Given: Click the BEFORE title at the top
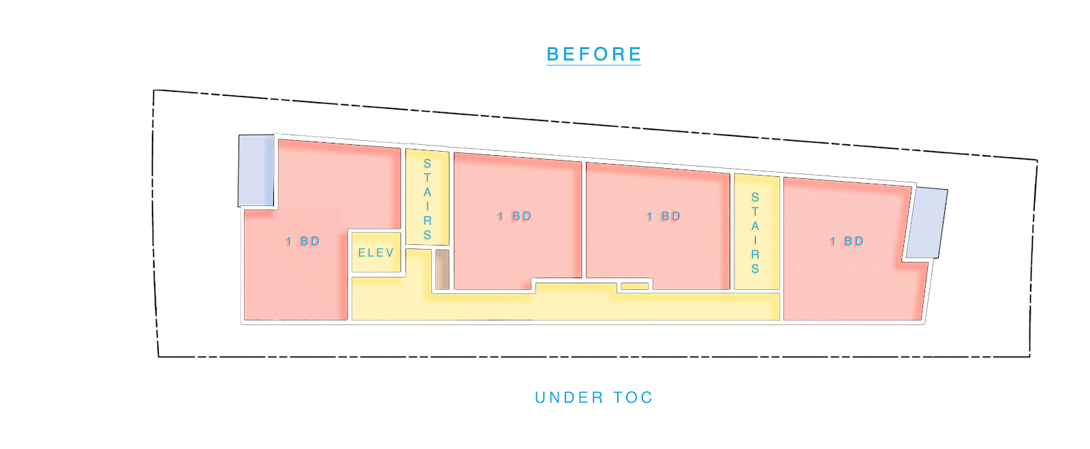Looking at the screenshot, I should pyautogui.click(x=593, y=54).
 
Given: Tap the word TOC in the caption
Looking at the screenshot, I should pyautogui.click(x=633, y=397).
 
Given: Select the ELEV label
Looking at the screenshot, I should pyautogui.click(x=376, y=253).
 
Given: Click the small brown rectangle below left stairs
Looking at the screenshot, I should pyautogui.click(x=442, y=269).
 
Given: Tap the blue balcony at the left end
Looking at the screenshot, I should pyautogui.click(x=256, y=170).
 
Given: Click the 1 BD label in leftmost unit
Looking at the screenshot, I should pyautogui.click(x=302, y=242).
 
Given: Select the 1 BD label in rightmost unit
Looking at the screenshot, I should pyautogui.click(x=846, y=242).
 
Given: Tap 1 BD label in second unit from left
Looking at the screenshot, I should pyautogui.click(x=514, y=216).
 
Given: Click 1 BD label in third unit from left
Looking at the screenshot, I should pyautogui.click(x=664, y=216).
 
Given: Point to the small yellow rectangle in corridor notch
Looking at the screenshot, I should pyautogui.click(x=634, y=286).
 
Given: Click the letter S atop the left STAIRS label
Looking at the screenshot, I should pyautogui.click(x=427, y=163).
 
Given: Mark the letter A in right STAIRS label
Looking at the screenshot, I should pyautogui.click(x=755, y=226).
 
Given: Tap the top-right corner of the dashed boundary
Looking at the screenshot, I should pyautogui.click(x=1037, y=161).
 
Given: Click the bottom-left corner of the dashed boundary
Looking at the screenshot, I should pyautogui.click(x=159, y=356).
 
